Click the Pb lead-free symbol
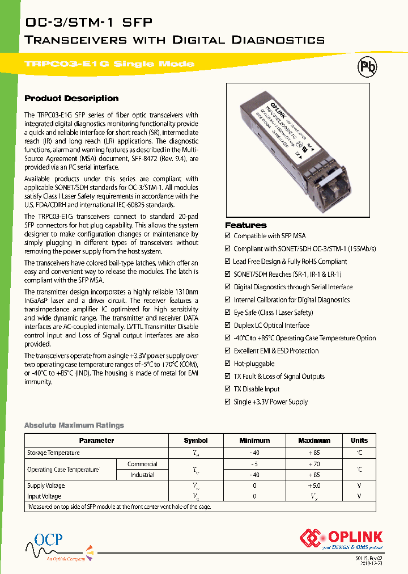coord(367,68)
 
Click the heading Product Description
coord(71,98)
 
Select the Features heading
coord(245,225)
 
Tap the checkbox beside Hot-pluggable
coord(228,364)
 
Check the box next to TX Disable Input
coord(228,389)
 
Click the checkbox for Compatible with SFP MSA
coord(228,236)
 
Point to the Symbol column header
coord(196,441)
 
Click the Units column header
coord(359,441)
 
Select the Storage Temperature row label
coord(53,453)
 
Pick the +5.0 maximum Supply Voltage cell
coord(314,486)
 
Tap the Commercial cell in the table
coord(142,464)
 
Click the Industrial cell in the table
coord(142,475)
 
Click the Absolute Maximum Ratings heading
coord(74,425)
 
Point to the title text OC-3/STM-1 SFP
coord(89,23)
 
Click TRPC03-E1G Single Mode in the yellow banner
coord(109,64)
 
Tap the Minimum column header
coord(254,441)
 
